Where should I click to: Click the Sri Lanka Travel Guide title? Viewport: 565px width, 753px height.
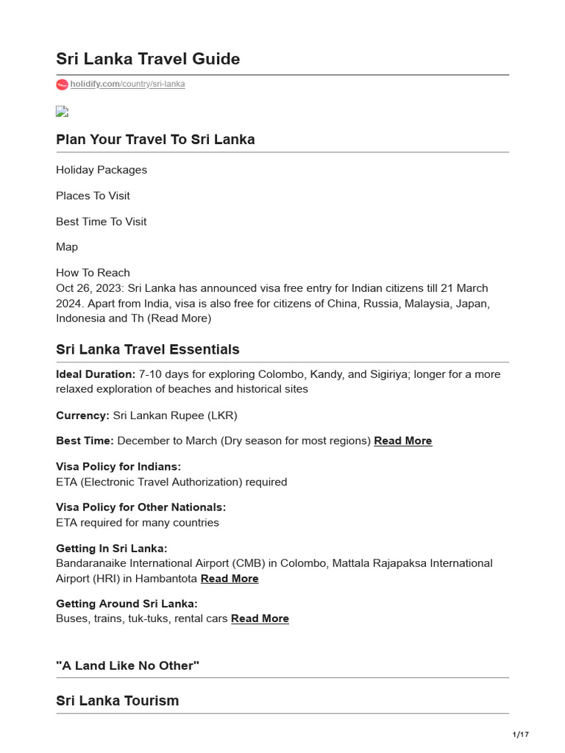[x=148, y=59]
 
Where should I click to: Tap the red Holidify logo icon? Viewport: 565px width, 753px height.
[x=62, y=85]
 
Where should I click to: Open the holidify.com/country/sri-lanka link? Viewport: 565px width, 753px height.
[x=127, y=85]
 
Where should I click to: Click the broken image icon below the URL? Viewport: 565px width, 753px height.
[x=62, y=112]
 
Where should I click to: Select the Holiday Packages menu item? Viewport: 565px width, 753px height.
[x=102, y=170]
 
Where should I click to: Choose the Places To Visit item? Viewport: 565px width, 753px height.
[x=93, y=196]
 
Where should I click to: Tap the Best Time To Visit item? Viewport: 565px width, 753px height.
[x=102, y=221]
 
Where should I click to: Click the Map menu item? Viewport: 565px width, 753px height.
[x=67, y=247]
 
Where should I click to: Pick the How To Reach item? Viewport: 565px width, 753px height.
[x=93, y=273]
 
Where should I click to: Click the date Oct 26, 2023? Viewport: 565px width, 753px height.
[x=88, y=288]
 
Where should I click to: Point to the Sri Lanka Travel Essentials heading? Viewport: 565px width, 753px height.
[x=148, y=349]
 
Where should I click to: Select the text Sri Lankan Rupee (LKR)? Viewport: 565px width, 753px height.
[x=175, y=415]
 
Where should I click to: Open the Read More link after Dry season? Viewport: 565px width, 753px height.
[x=402, y=441]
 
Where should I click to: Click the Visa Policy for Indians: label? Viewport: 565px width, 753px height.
[x=118, y=467]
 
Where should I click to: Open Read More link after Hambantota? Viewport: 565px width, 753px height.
[x=230, y=579]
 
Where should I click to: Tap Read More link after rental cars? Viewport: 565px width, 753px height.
[x=260, y=619]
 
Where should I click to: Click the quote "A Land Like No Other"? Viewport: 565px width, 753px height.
[x=128, y=665]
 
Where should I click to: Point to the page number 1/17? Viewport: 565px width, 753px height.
[x=520, y=735]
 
